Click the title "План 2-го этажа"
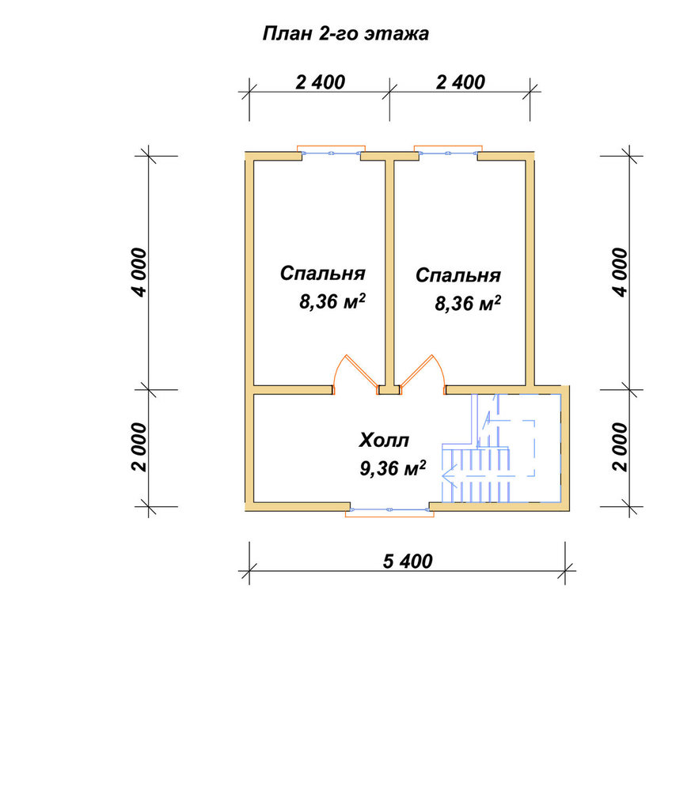tap(346, 34)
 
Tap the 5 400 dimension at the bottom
tap(408, 562)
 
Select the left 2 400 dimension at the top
tap(320, 82)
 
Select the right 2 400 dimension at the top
tap(461, 82)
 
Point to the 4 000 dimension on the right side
tap(621, 272)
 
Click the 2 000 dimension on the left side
tap(139, 448)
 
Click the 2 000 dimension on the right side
tap(621, 448)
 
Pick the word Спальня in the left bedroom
tap(322, 274)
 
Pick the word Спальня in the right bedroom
tap(458, 276)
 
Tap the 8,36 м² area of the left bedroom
tap(332, 301)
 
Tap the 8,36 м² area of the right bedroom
tap(468, 303)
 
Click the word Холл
tap(384, 441)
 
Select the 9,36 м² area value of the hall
tap(393, 468)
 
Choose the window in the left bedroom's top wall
tap(331, 152)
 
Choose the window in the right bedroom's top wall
tap(448, 152)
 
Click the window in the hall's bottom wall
tap(389, 510)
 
